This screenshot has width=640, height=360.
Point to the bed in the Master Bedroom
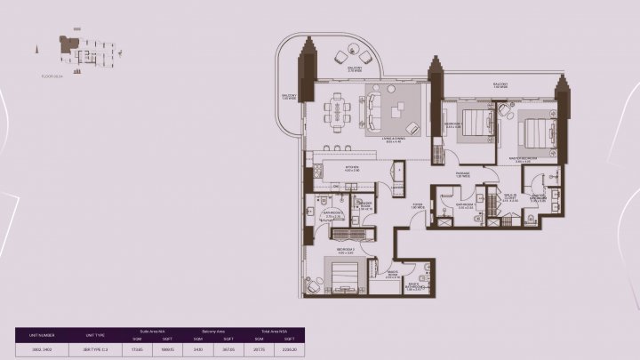point(535,132)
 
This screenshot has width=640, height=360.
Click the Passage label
point(462,172)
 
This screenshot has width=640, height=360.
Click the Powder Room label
point(365,205)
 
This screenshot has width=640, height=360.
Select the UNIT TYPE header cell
point(95,334)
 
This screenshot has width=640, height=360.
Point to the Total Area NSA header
point(272,331)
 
